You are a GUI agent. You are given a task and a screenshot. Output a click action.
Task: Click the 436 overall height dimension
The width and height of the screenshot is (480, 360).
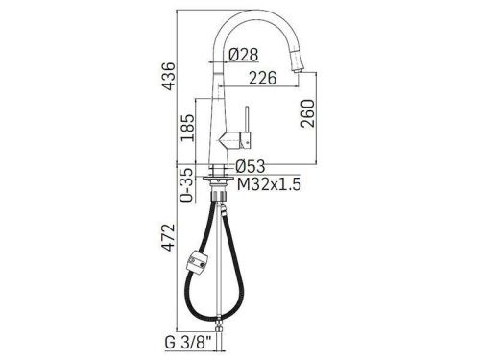pos(168,76)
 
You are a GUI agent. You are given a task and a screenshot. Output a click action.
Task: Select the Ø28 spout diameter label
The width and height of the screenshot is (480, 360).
pos(244,55)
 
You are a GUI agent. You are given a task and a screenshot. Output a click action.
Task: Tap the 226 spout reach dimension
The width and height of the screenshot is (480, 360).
pos(263,78)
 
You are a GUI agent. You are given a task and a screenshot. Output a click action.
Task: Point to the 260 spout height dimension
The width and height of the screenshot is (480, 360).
pos(308,113)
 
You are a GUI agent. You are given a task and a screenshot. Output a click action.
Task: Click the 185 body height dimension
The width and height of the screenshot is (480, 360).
pos(187,128)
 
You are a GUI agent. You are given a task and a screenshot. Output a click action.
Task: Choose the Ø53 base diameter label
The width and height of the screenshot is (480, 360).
pos(251,166)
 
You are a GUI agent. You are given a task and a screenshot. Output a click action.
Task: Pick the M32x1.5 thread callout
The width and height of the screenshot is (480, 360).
pos(269,184)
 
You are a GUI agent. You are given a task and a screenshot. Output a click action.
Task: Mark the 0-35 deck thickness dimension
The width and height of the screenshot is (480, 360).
pos(187,185)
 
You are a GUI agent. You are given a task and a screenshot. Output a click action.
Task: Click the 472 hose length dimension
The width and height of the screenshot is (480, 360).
pos(168,237)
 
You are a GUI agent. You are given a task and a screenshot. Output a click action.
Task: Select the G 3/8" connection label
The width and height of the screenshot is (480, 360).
pos(188,343)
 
